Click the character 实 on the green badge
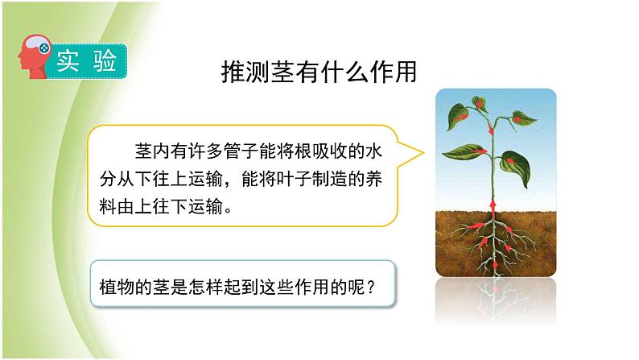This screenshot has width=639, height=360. tap(68, 61)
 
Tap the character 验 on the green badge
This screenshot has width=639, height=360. tap(105, 61)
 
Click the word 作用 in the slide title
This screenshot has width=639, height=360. tap(394, 72)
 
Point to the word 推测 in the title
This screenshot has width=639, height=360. tap(245, 72)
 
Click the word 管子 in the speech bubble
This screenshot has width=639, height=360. tap(241, 151)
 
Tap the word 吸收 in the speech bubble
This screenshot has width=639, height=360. tap(330, 151)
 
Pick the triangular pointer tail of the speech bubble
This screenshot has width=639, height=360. tap(410, 153)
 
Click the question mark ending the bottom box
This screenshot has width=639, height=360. tap(370, 288)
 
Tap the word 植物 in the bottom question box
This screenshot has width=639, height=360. tap(117, 288)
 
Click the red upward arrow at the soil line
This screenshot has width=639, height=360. tap(493, 208)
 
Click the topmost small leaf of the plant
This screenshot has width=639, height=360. tap(480, 104)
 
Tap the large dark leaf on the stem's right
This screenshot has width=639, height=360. tap(516, 168)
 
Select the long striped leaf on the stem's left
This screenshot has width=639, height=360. tap(465, 151)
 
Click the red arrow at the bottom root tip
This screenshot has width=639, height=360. tap(496, 265)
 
